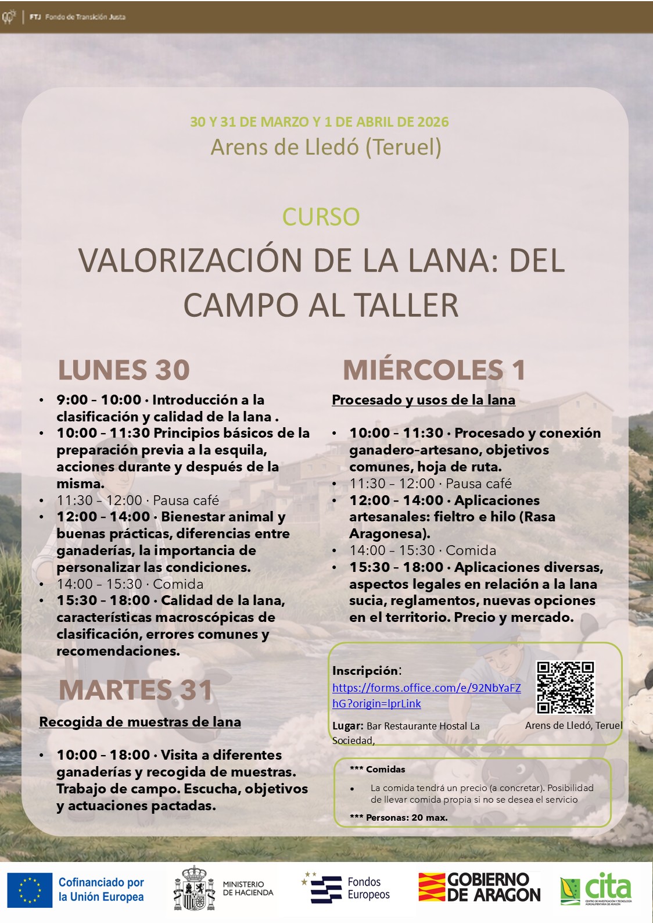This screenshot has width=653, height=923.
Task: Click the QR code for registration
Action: (x=565, y=688)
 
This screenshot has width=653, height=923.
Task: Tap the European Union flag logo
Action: (x=30, y=890)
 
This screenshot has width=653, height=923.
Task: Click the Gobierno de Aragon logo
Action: (x=479, y=888)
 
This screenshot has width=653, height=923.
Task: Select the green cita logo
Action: (x=596, y=889)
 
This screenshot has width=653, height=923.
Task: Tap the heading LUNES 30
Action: (x=124, y=370)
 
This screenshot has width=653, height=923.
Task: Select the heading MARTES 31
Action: (x=135, y=690)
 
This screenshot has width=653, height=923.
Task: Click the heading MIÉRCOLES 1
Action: (x=434, y=370)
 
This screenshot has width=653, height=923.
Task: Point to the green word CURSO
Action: (x=321, y=217)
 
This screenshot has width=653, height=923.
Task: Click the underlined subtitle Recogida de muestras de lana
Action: (x=140, y=722)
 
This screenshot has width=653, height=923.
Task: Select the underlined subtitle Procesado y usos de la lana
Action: (x=423, y=400)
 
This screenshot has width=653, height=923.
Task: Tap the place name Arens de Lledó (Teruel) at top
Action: (x=326, y=147)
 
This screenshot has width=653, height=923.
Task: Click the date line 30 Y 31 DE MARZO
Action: (x=319, y=122)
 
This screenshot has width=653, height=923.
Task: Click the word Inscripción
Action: (x=366, y=671)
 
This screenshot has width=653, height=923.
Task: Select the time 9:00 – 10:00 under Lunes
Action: (x=99, y=400)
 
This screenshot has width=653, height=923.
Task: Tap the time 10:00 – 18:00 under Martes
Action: (x=103, y=755)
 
